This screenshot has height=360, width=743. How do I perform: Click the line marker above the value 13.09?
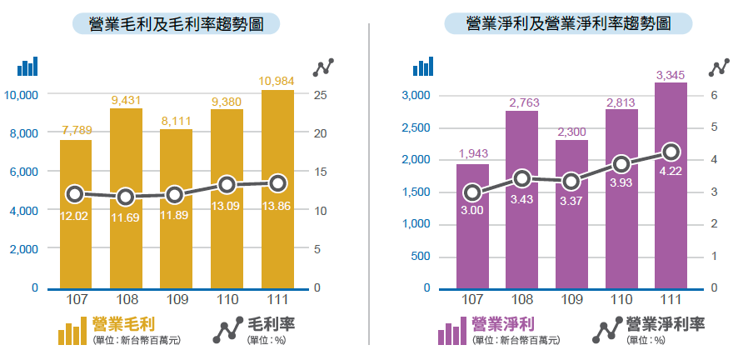point(227,184)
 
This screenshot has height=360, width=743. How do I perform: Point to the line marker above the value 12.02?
point(75,194)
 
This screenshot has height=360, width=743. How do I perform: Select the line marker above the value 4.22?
point(671,152)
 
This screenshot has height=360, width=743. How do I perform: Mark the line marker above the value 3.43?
point(522,177)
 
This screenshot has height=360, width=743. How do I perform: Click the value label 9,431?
point(126,100)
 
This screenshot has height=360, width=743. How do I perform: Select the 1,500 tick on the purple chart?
point(415,192)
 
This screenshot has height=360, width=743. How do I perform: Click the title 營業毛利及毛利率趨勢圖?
point(176,23)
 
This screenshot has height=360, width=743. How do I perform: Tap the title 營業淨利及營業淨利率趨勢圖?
point(568,23)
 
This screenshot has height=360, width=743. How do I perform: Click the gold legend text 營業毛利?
point(125,323)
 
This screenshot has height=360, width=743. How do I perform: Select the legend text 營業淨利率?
point(666,323)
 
